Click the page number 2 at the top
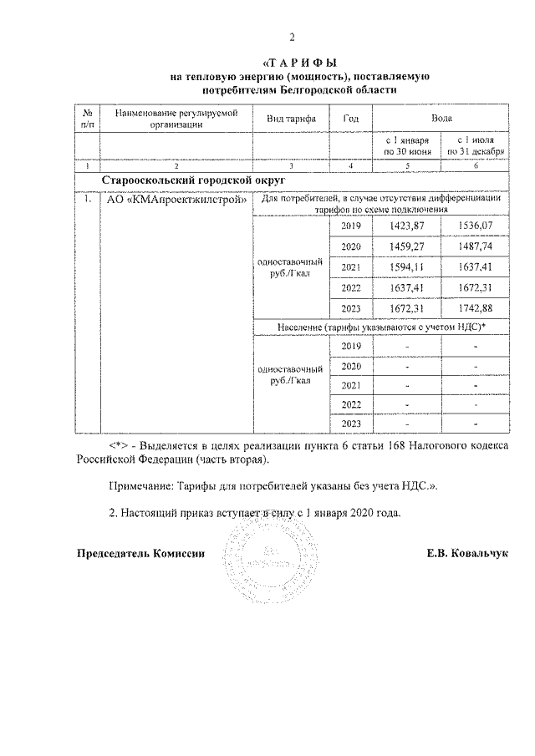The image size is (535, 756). pos(292,37)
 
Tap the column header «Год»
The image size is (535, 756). pos(351,119)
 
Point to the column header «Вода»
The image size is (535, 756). pos(442,119)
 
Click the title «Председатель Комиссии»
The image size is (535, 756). pos(140,553)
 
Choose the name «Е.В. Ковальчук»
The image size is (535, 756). pos(467,553)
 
